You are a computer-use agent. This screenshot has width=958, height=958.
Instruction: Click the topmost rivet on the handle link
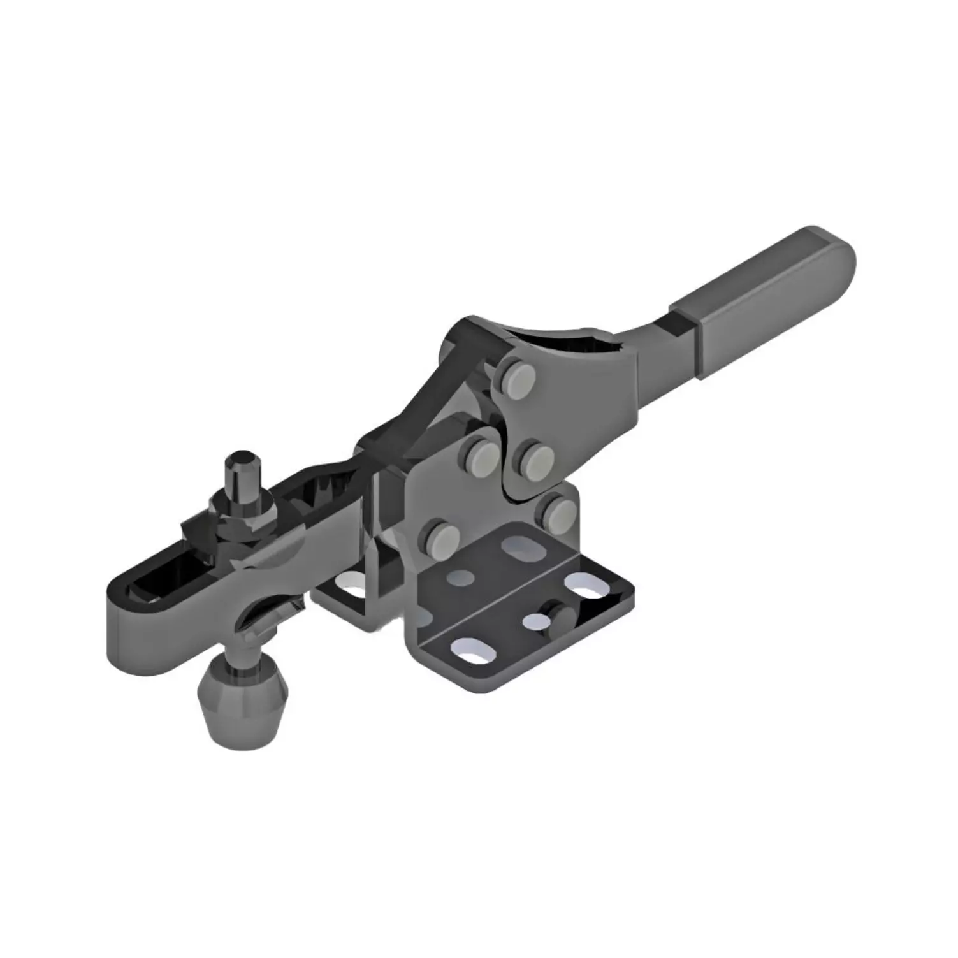(514, 377)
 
